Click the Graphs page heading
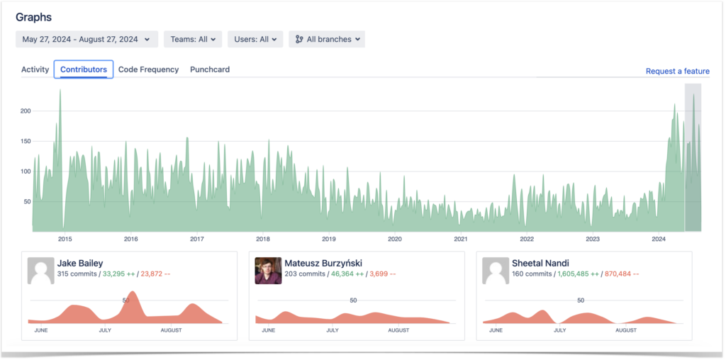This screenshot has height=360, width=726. [x=33, y=17]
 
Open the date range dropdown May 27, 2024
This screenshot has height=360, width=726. [x=86, y=40]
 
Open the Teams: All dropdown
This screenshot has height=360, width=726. [x=193, y=40]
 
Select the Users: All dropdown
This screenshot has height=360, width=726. [x=255, y=40]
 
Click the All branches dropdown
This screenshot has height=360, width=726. [x=327, y=40]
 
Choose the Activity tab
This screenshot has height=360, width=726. [x=35, y=69]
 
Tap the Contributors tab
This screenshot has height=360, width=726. [x=84, y=69]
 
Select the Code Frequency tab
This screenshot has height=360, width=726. [x=148, y=69]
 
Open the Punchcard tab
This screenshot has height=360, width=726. [x=210, y=69]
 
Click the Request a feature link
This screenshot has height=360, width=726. [x=677, y=72]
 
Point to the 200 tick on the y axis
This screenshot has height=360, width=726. [x=26, y=111]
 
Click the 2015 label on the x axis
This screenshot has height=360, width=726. [x=65, y=239]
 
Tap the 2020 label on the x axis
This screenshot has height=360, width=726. [x=395, y=239]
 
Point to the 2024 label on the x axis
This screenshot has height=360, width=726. [x=659, y=239]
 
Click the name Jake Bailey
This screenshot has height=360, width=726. [x=80, y=263]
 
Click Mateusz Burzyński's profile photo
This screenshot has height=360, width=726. [x=268, y=271]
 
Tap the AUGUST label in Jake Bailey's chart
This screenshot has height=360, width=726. [x=171, y=330]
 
